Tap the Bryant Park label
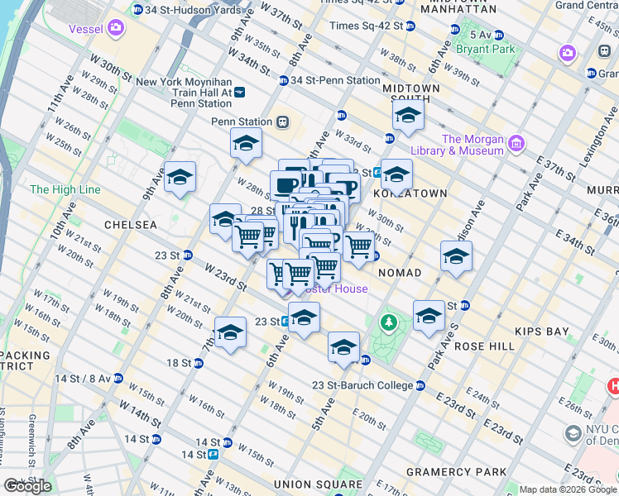click(x=491, y=49)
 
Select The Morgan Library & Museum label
click(x=473, y=145)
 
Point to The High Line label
click(x=65, y=189)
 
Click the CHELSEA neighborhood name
click(x=130, y=225)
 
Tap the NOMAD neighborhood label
click(x=399, y=273)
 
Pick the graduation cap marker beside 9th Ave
click(x=180, y=177)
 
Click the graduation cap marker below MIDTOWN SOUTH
click(x=407, y=115)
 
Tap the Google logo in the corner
click(x=26, y=486)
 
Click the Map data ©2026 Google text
click(x=567, y=489)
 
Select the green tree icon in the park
click(x=386, y=322)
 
